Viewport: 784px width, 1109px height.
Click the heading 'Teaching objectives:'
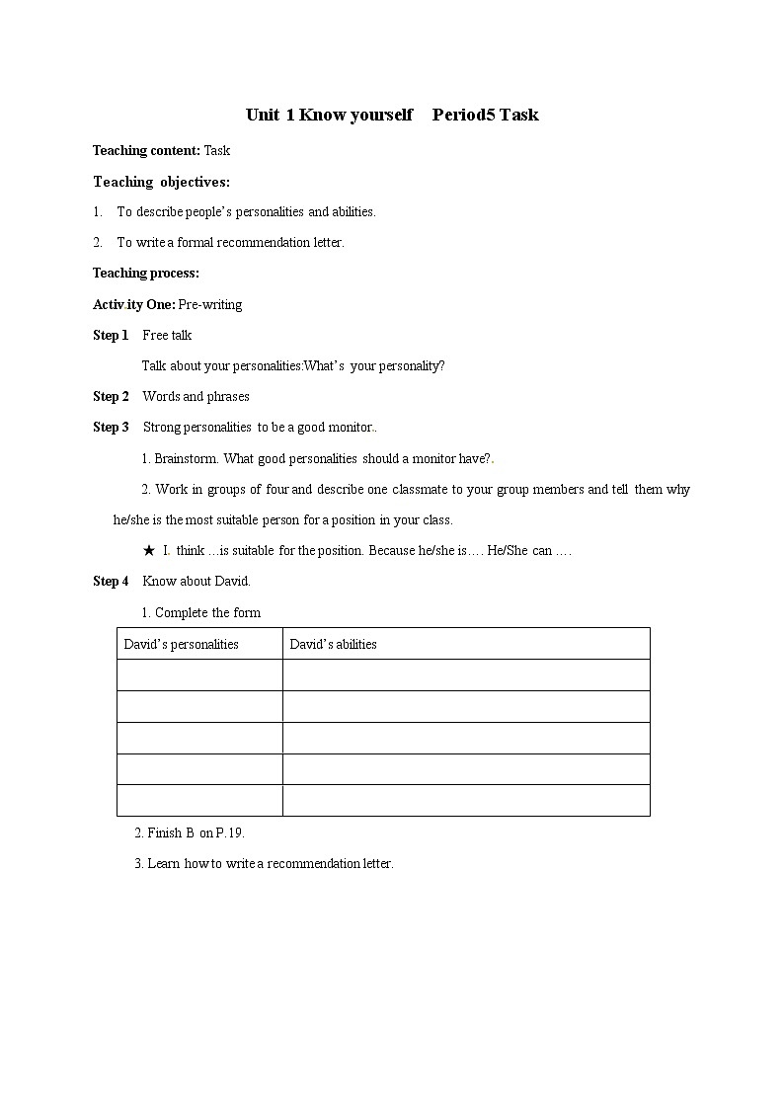tap(161, 182)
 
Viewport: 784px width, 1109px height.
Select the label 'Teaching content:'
tap(146, 150)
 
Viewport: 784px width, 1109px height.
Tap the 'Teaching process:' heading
tap(145, 273)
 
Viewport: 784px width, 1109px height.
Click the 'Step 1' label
tap(111, 335)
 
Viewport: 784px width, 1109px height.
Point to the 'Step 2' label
tap(111, 396)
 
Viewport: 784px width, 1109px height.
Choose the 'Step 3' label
tap(111, 427)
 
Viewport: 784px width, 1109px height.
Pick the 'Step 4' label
tap(111, 581)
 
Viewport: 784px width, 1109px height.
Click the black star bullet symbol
tap(149, 550)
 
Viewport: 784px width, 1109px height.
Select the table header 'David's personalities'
tap(181, 644)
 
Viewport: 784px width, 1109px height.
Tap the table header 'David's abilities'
tap(333, 644)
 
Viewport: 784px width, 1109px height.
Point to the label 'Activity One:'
tap(133, 304)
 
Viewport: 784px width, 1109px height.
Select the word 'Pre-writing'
tap(210, 304)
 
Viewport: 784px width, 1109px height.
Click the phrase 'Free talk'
tap(167, 335)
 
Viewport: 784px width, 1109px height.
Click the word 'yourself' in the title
tap(381, 115)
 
